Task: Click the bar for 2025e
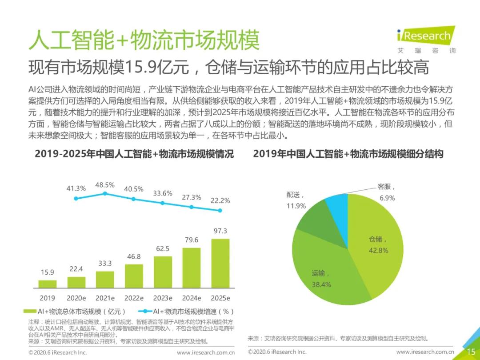click(220, 264)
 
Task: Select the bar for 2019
click(47, 284)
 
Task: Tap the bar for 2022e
click(134, 276)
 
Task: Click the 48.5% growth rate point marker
click(105, 194)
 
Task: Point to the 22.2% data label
click(220, 200)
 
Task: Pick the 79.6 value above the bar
click(192, 240)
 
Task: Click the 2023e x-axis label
click(163, 298)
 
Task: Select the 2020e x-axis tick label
click(76, 298)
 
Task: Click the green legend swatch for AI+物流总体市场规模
click(32, 312)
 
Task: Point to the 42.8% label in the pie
click(378, 250)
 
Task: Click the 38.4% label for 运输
click(321, 284)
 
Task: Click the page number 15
click(470, 352)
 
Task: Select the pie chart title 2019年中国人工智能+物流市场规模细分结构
click(348, 155)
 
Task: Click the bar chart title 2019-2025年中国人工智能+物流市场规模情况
click(134, 155)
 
